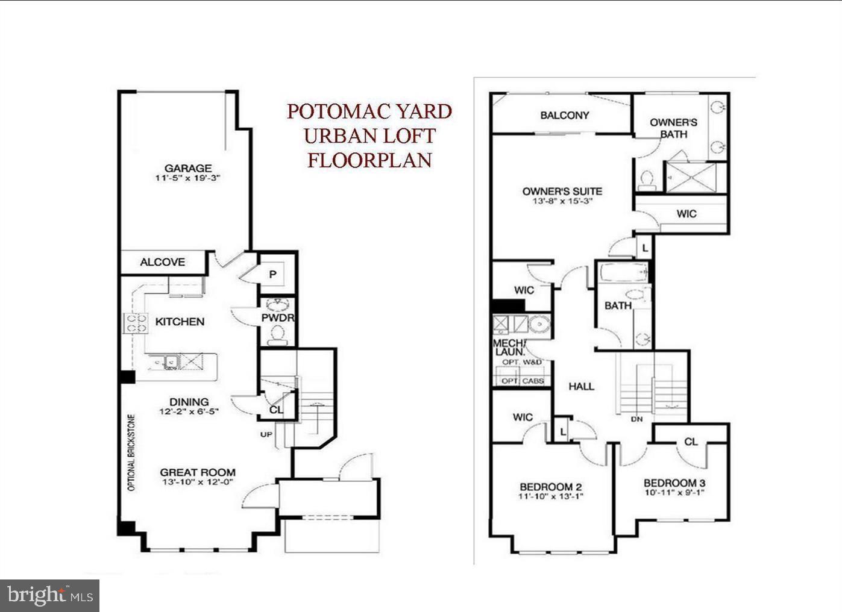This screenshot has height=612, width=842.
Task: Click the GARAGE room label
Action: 188,169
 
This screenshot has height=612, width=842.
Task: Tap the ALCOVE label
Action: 162,262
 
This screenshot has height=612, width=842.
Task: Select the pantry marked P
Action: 272,275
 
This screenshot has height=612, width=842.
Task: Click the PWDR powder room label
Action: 277,317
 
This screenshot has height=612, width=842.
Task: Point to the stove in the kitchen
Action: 136,323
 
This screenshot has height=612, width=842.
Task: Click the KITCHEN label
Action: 180,322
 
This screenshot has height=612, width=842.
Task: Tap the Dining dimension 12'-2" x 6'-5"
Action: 189,412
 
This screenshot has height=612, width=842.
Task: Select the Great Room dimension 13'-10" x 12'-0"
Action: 197,482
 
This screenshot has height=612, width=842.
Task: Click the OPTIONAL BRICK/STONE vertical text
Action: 131,452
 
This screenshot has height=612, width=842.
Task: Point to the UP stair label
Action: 266,434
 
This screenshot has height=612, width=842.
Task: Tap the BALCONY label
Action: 564,115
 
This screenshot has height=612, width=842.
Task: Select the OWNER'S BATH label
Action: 673,128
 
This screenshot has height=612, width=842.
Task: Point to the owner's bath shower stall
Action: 696,177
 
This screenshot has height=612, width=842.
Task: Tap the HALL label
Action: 581,387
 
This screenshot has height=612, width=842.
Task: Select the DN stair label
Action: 636,419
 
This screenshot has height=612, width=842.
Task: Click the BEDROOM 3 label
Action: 674,483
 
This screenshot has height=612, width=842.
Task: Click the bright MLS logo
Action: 50,596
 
